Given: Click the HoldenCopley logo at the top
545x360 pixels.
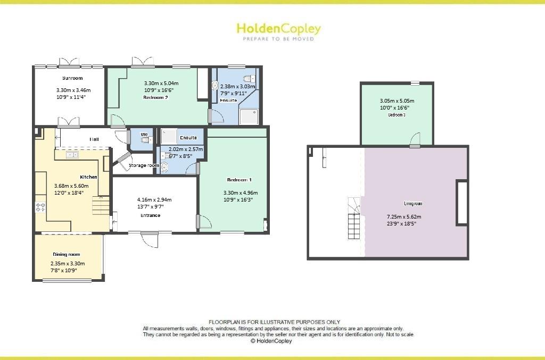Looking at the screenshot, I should (x=278, y=28).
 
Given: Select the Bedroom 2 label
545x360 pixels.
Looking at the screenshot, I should (x=155, y=97).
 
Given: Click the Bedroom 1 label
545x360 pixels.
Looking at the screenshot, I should (x=239, y=179).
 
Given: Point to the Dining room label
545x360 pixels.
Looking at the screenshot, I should (x=66, y=254).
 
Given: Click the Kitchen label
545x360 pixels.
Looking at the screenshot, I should (x=88, y=177).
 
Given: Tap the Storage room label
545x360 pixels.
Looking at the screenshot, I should (x=144, y=165).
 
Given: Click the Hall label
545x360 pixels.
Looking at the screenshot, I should (x=94, y=139).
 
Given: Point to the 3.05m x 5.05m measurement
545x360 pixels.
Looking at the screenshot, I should (x=397, y=101).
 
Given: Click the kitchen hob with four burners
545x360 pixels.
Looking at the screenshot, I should (x=40, y=205).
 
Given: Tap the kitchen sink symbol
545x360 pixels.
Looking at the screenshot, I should (x=72, y=155).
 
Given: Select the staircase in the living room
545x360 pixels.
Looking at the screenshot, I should (x=354, y=218).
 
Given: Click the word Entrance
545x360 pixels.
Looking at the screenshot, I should (x=150, y=215).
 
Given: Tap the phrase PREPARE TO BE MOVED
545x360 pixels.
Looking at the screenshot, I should (x=278, y=39).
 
